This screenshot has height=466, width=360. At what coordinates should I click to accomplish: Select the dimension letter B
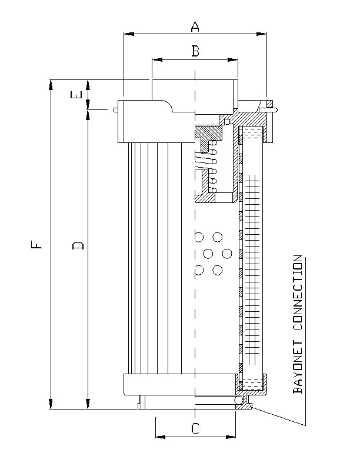coord(195,51)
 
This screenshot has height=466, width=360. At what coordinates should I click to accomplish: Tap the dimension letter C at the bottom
coord(195,429)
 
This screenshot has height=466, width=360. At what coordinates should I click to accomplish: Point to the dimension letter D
coord(78,244)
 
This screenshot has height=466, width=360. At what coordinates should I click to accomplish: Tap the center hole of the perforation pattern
coord(208,254)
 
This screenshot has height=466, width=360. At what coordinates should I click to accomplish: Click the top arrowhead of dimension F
coord(51,84)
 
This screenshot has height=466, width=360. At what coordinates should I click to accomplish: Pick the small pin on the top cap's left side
coord(115,109)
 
